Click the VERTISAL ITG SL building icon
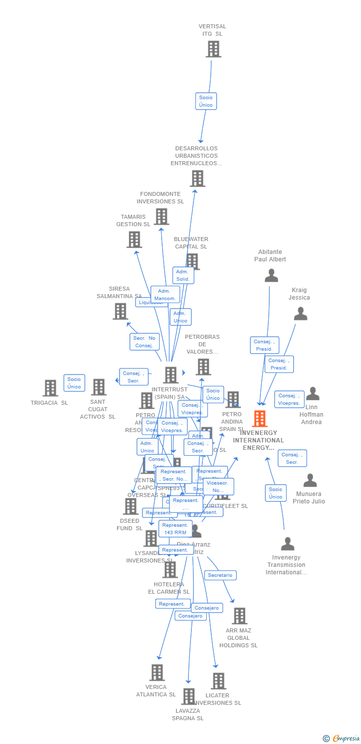213,49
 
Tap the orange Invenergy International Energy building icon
259,419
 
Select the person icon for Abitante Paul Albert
271,275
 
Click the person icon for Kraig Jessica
301,314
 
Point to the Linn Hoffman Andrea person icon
312,394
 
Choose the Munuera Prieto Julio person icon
310,481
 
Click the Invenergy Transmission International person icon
287,544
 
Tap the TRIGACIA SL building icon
50,388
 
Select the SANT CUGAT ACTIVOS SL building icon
99,387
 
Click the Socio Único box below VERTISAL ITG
206,101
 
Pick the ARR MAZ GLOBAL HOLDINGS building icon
240,616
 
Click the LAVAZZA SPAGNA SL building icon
188,696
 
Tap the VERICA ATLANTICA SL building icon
157,673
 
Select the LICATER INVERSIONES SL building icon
218,681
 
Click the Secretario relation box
220,575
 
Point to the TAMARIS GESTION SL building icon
134,240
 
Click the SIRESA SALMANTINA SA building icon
120,311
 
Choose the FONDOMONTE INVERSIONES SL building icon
161,217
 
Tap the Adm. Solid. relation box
183,275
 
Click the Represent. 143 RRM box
175,529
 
